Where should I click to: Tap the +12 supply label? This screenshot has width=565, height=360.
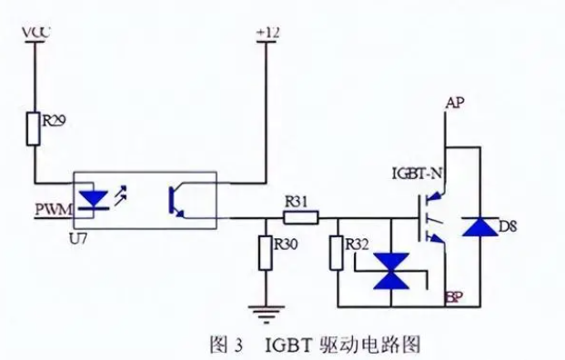click(268, 32)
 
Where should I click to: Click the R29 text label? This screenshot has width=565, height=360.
click(55, 118)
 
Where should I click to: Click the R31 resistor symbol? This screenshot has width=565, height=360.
click(301, 218)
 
